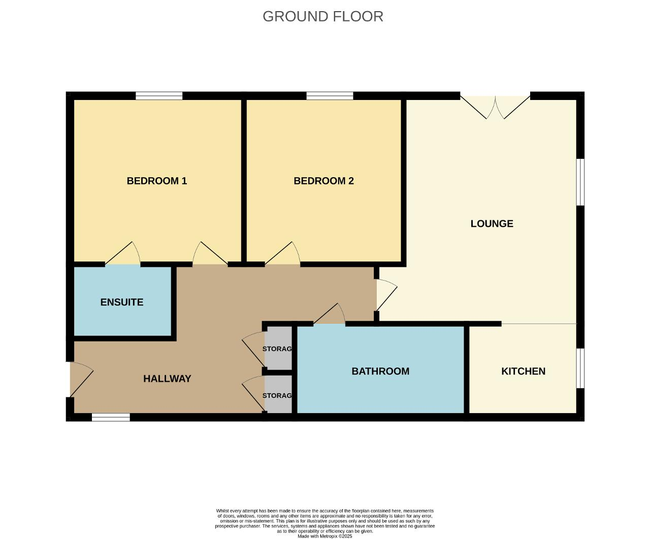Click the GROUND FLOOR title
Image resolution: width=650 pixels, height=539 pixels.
323,16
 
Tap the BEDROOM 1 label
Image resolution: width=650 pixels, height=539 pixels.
156,181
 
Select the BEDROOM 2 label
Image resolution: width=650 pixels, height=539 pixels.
324,181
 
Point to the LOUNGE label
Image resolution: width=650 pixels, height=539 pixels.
492,223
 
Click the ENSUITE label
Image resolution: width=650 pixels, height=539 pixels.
122,302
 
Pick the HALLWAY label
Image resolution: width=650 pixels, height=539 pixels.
167,379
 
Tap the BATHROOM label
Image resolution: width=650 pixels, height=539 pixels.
380,371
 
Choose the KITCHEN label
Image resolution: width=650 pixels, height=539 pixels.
523,371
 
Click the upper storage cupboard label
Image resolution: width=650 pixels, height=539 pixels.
277,349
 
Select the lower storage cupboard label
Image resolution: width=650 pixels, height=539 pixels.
277,395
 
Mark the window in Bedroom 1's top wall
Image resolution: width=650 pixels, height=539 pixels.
159,96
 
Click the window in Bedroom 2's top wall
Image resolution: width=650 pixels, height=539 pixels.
330,96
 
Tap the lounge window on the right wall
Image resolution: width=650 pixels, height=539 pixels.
580,182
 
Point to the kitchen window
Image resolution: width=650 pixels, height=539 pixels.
580,368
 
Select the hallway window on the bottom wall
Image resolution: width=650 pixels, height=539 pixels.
111,417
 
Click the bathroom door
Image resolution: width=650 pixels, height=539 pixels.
330,314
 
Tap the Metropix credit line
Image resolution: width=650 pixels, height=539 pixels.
324,536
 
